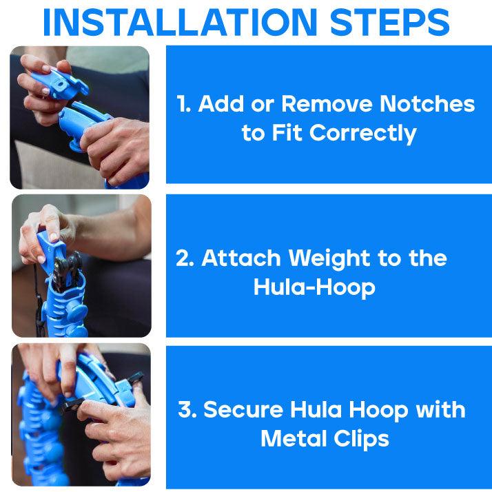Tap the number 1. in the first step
coord(183,104)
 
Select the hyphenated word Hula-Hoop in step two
coord(314,287)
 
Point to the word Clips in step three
coord(364,438)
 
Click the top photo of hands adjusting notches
coord(79,117)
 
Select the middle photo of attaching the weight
coord(81,265)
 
